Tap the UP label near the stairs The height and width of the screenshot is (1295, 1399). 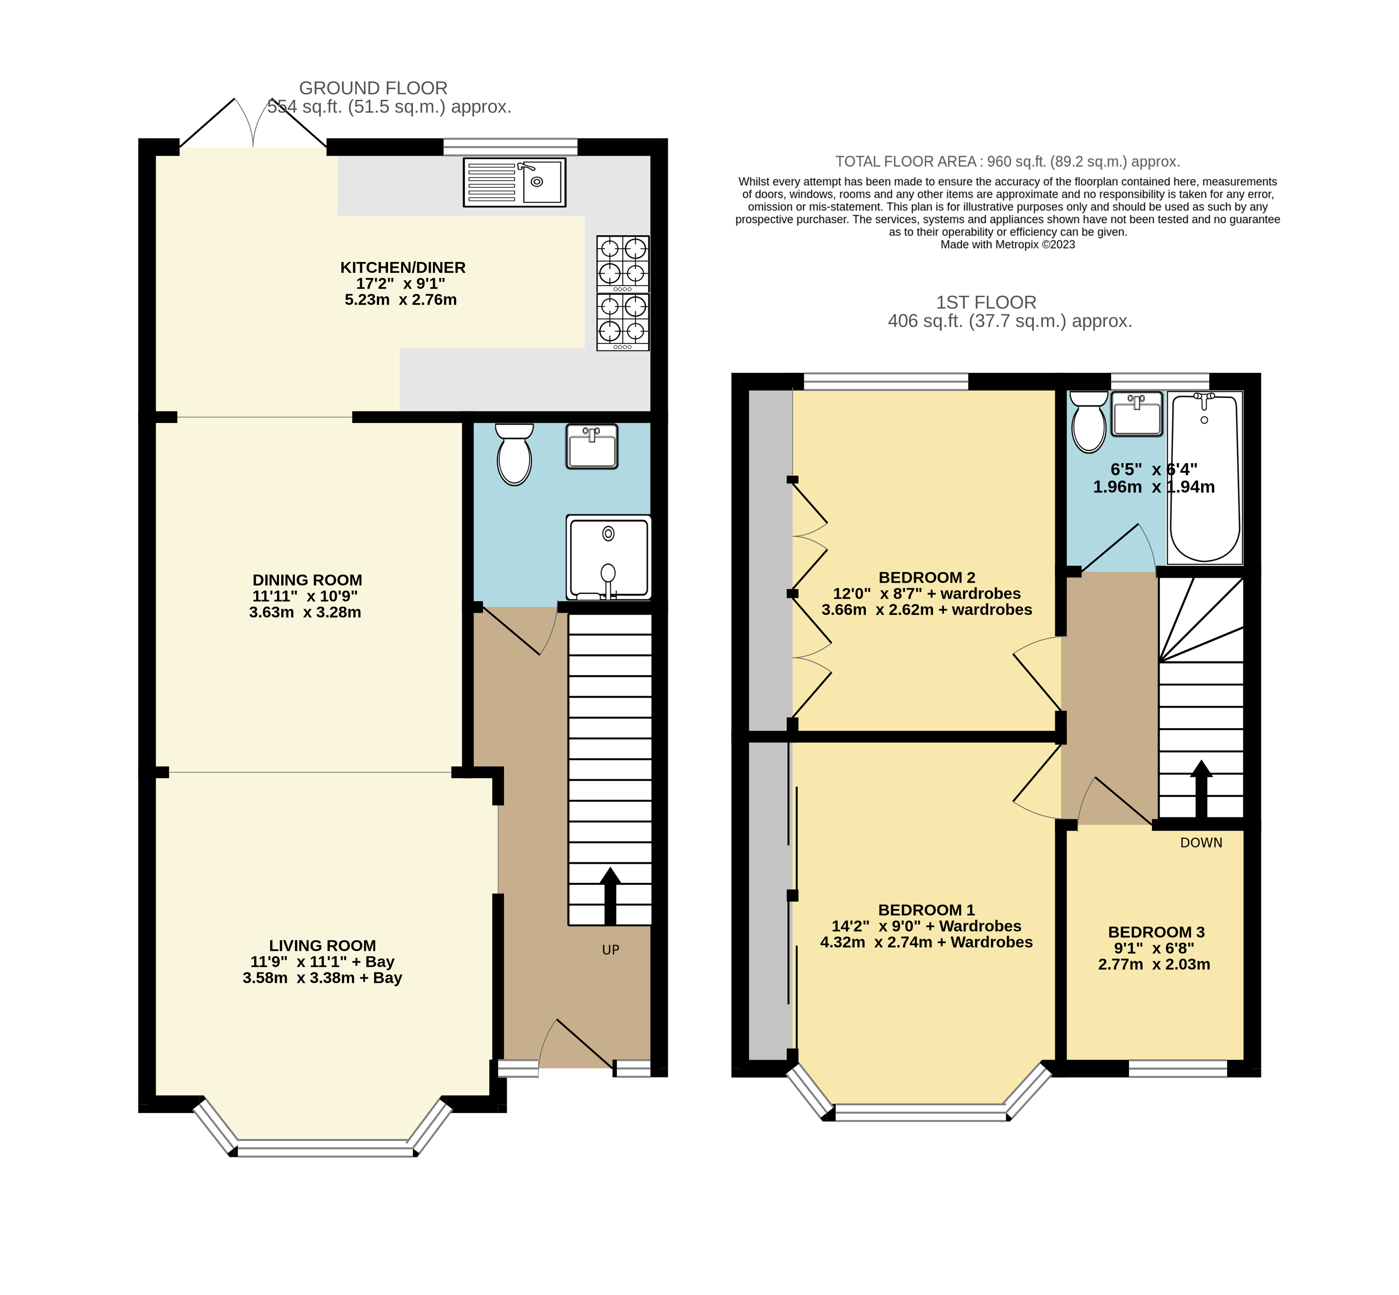coord(610,949)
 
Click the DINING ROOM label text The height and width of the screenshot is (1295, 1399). coord(307,580)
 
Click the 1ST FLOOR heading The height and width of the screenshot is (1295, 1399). coord(986,303)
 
